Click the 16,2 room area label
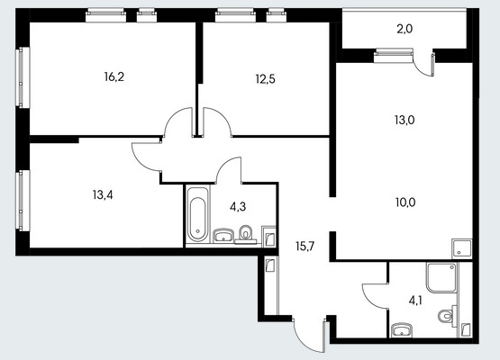click(x=114, y=76)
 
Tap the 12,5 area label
click(x=265, y=78)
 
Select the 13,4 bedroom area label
click(x=103, y=194)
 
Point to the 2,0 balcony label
click(x=405, y=30)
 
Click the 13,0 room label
click(x=405, y=120)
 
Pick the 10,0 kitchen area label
click(x=405, y=202)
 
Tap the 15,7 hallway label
click(x=305, y=246)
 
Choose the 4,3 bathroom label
click(x=238, y=207)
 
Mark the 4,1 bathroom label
click(x=415, y=301)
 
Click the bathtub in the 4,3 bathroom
click(x=197, y=214)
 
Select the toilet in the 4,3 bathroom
click(x=246, y=234)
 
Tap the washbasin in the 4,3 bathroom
click(x=223, y=236)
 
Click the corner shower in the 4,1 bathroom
click(x=442, y=277)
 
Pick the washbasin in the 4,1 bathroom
click(x=402, y=330)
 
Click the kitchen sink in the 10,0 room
click(x=461, y=248)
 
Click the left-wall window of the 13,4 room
click(x=22, y=200)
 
